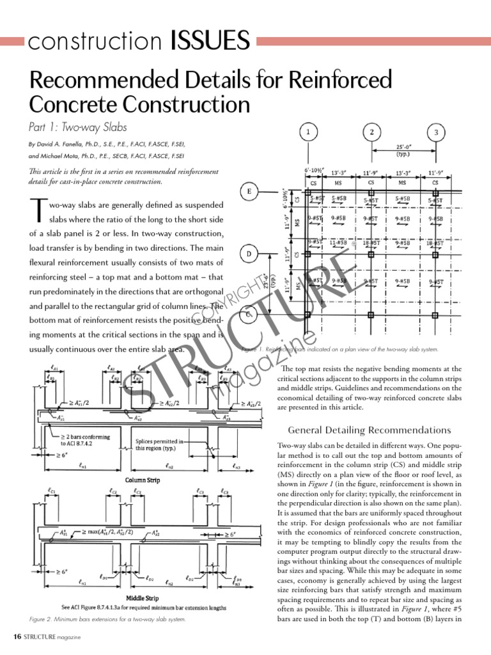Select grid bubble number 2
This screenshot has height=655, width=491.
(372, 132)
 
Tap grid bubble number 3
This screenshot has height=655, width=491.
(436, 132)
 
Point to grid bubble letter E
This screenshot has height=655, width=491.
(249, 191)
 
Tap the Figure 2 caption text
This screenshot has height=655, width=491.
(107, 619)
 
